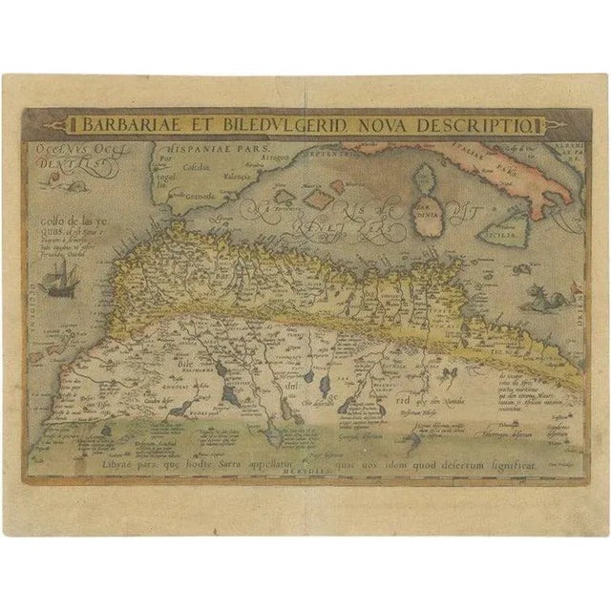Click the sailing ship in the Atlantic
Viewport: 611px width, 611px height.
tap(57, 283)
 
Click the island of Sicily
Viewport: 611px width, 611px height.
tap(510, 228)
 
